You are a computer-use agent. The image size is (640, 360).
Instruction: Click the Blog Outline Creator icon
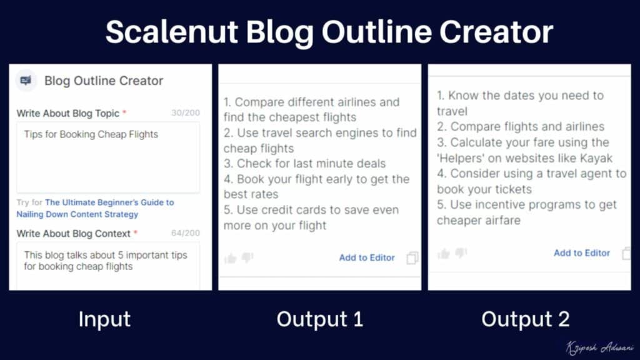(x=26, y=81)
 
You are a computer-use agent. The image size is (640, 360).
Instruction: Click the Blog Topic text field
(x=108, y=157)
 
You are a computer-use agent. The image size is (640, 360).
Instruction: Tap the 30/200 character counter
(x=186, y=113)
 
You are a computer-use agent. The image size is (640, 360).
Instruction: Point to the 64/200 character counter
(x=186, y=233)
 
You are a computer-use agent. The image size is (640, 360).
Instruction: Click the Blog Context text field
(x=108, y=266)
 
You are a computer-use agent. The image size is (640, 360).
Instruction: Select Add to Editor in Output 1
(x=367, y=257)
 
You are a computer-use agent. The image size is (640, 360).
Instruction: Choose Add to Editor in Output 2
(x=581, y=252)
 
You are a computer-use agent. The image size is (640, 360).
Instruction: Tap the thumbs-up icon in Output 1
(x=231, y=258)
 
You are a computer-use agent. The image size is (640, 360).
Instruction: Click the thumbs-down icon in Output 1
(x=247, y=257)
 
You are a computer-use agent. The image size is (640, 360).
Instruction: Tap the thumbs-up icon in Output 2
(x=444, y=253)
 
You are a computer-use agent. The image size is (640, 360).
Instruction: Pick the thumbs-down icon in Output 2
(x=461, y=252)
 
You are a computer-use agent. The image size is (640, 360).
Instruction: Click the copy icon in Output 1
(x=412, y=258)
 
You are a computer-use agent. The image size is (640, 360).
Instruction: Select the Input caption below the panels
(x=104, y=319)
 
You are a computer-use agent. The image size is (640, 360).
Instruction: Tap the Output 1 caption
(x=319, y=319)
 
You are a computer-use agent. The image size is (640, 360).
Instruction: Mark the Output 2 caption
(x=525, y=319)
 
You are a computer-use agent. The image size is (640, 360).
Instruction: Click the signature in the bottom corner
(x=599, y=347)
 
